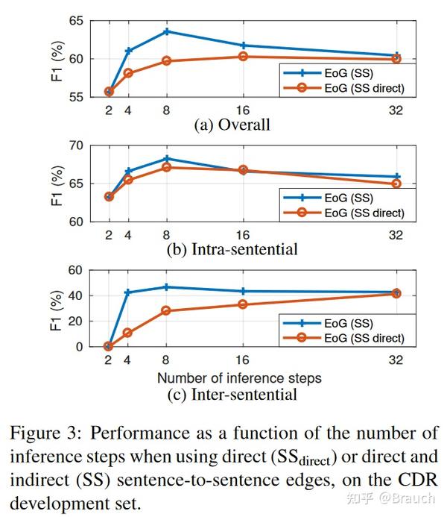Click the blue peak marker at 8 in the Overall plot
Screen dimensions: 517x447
167,31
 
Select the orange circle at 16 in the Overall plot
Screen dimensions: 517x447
243,56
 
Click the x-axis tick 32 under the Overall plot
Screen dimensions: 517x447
396,110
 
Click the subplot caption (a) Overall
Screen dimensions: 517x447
232,125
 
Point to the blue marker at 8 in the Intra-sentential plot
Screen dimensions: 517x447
167,158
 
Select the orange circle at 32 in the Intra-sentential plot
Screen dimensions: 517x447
396,184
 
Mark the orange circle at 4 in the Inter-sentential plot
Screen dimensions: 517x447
127,333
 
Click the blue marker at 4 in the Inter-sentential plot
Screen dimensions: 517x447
127,292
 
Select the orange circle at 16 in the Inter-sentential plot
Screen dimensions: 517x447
243,304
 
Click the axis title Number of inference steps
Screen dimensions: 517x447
238,377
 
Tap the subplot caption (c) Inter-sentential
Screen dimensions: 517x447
245,394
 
